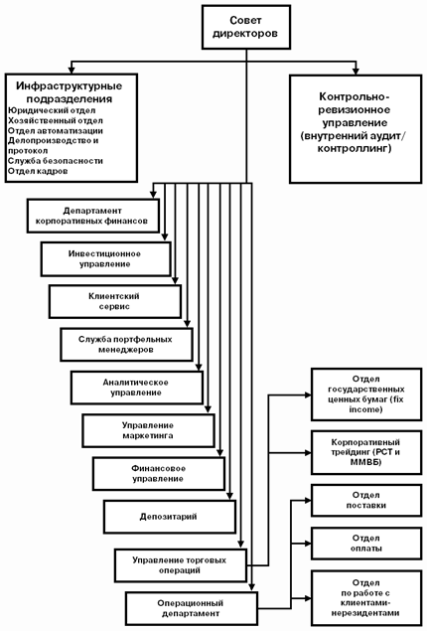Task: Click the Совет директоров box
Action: [x=246, y=27]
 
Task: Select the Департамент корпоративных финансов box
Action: [x=93, y=216]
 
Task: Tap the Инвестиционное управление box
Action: [x=106, y=258]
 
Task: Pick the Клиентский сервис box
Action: [x=115, y=301]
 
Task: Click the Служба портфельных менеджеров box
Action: [x=127, y=345]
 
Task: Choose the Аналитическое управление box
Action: [x=137, y=388]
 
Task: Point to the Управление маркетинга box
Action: [x=148, y=430]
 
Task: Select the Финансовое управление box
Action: [x=159, y=474]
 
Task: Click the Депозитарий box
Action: [x=170, y=517]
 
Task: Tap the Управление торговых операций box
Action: [x=181, y=565]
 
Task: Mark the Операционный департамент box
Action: [x=192, y=608]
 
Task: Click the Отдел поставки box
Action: [x=366, y=500]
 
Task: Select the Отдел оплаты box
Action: [x=366, y=544]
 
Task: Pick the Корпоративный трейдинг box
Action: [x=366, y=452]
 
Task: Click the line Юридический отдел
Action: [x=52, y=110]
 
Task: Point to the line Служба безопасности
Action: [x=56, y=161]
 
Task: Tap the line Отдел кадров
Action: [x=38, y=171]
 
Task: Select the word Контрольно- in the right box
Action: [x=355, y=97]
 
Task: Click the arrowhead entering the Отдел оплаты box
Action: [x=308, y=544]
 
